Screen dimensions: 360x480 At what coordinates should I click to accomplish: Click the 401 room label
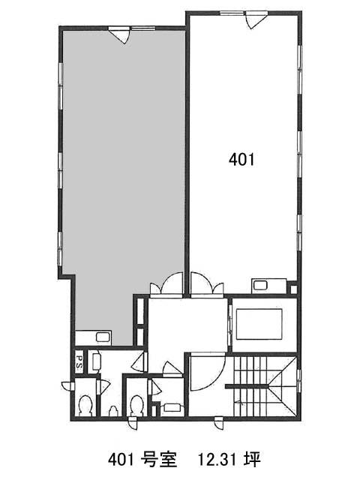(241, 160)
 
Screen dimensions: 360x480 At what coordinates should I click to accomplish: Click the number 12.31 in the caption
(217, 460)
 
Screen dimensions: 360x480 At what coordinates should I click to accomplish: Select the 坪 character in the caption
(253, 460)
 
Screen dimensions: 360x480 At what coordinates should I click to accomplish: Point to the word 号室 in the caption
(160, 460)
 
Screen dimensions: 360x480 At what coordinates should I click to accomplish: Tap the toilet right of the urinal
(136, 405)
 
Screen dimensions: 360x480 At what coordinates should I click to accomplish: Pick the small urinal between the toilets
(113, 411)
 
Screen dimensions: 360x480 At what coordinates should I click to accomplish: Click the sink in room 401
(260, 286)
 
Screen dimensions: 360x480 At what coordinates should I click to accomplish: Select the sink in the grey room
(101, 337)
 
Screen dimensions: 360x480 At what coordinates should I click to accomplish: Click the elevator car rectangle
(259, 324)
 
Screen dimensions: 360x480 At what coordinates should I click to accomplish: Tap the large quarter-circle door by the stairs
(208, 372)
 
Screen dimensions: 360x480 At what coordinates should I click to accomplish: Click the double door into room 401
(207, 285)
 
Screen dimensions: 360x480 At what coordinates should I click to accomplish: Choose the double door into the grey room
(166, 285)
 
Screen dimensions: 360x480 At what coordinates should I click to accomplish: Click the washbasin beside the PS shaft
(95, 362)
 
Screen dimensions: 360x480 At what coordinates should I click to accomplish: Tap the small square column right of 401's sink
(293, 289)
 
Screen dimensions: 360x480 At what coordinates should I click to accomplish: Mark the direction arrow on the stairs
(238, 402)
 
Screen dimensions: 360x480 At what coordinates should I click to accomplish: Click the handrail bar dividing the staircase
(247, 387)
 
